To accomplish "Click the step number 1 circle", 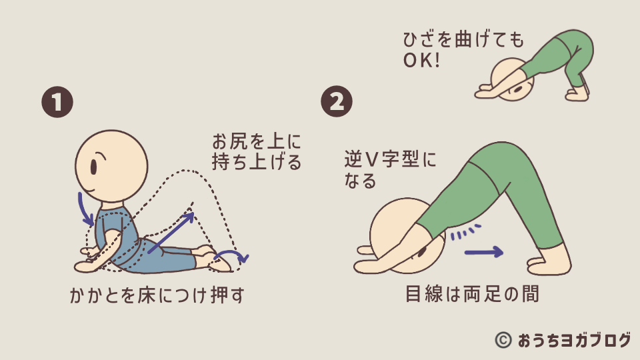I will (57, 103).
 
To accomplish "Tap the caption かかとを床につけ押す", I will (157, 295).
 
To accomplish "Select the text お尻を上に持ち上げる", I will (256, 151).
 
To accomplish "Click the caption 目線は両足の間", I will (471, 295).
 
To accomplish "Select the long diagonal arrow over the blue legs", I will (171, 233).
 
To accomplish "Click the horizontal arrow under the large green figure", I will (483, 252).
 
